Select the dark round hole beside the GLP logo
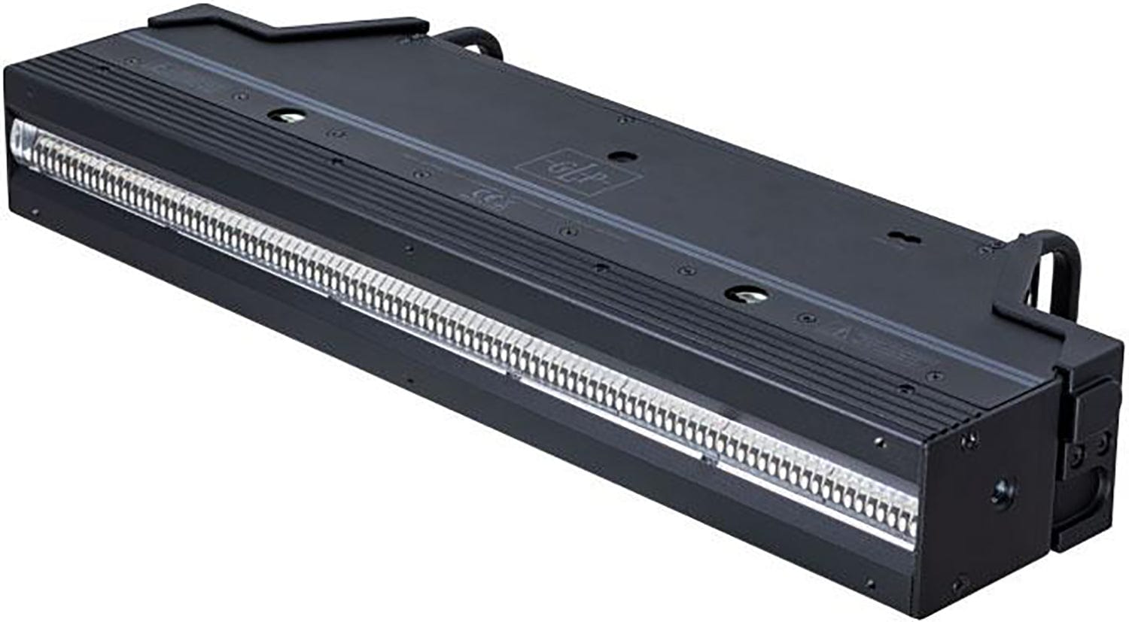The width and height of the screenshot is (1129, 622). point(619,156)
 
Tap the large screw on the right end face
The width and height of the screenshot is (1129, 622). point(1000,495)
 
